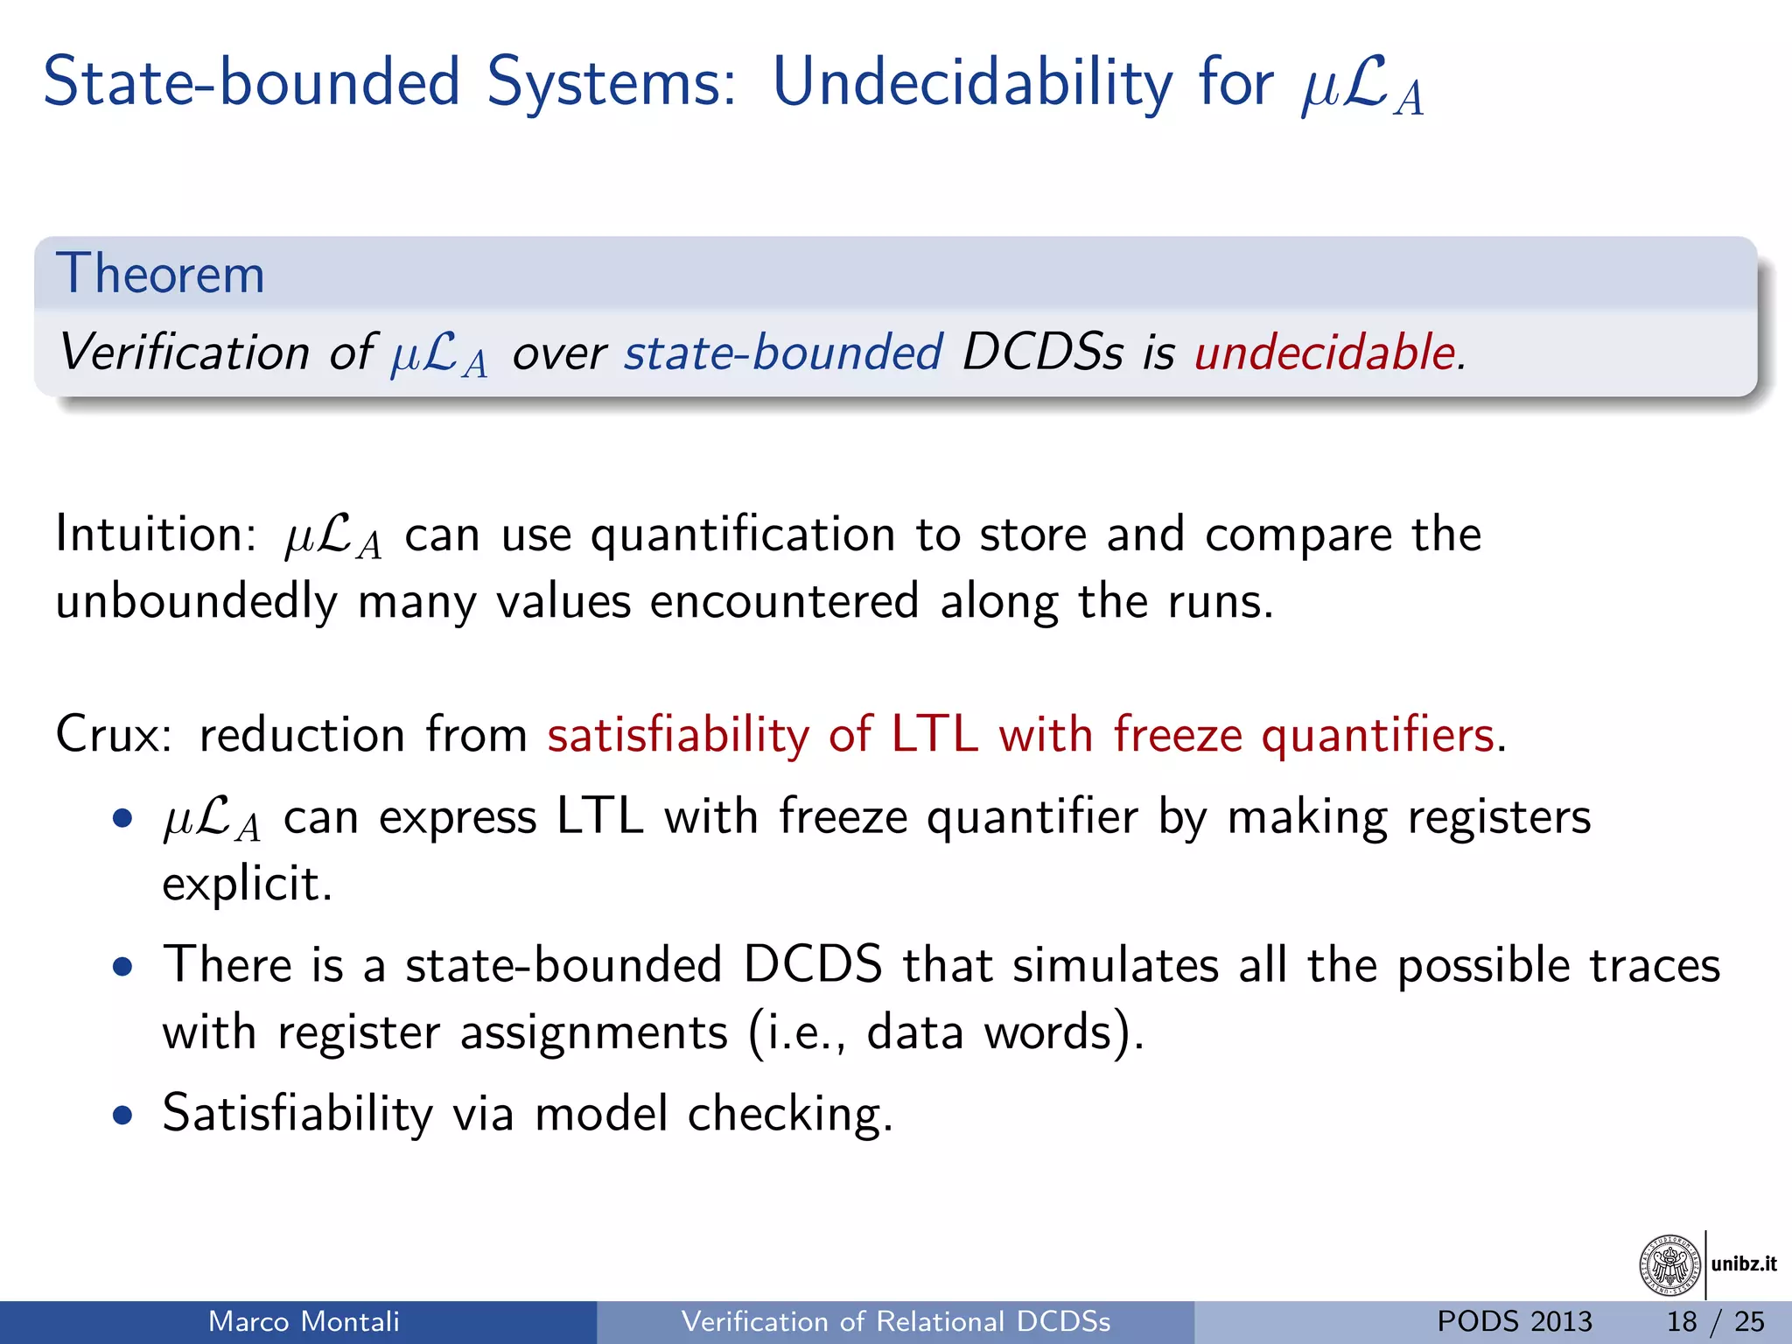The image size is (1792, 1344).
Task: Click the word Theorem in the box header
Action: coord(160,274)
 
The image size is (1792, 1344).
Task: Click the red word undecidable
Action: coord(1325,353)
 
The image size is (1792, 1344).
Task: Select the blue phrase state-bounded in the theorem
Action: coord(783,353)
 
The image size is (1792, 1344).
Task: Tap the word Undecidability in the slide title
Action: coord(972,83)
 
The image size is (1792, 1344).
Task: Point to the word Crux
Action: coord(113,734)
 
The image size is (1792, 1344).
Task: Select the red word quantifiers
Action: coord(1377,734)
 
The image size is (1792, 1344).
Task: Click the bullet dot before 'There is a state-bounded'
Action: coord(123,967)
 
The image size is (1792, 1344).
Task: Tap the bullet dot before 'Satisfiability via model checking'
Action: coord(123,1116)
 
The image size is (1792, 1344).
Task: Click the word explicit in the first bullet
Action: coord(246,884)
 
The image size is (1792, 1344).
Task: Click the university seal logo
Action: coord(1670,1264)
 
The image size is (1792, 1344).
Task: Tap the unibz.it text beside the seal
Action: coord(1744,1263)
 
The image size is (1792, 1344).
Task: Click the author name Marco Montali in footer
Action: coord(304,1321)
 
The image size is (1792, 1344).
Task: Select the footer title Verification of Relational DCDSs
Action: coord(896,1321)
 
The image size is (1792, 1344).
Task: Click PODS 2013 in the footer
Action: coord(1515,1321)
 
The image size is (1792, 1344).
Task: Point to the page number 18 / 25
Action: coord(1715,1321)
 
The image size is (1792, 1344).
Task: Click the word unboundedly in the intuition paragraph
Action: coord(196,603)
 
